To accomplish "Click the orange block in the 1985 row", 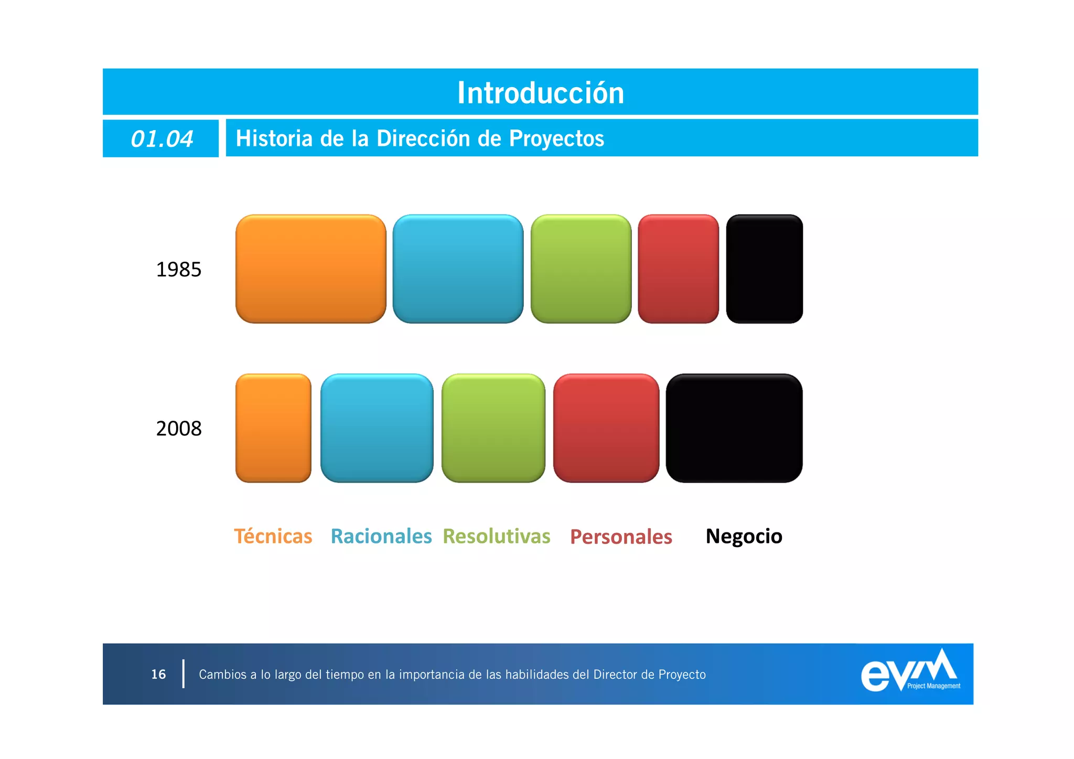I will (310, 269).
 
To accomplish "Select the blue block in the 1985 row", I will (458, 269).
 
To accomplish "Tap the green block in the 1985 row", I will (581, 269).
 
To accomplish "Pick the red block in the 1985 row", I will (678, 269).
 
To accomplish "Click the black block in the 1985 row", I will (764, 269).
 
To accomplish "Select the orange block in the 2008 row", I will (273, 428).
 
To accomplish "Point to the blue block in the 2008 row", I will (377, 428).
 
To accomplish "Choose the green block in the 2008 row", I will (493, 428).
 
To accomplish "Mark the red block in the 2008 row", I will (606, 428).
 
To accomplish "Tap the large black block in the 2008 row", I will (734, 428).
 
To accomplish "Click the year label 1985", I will (178, 270).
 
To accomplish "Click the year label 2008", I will (178, 429).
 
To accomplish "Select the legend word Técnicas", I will (273, 536).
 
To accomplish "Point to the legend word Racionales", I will (381, 536).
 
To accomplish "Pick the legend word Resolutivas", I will (496, 536).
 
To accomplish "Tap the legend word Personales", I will (621, 537).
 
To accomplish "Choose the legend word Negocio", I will (744, 536).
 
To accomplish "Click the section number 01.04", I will (162, 139).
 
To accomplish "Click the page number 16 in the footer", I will (158, 674).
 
